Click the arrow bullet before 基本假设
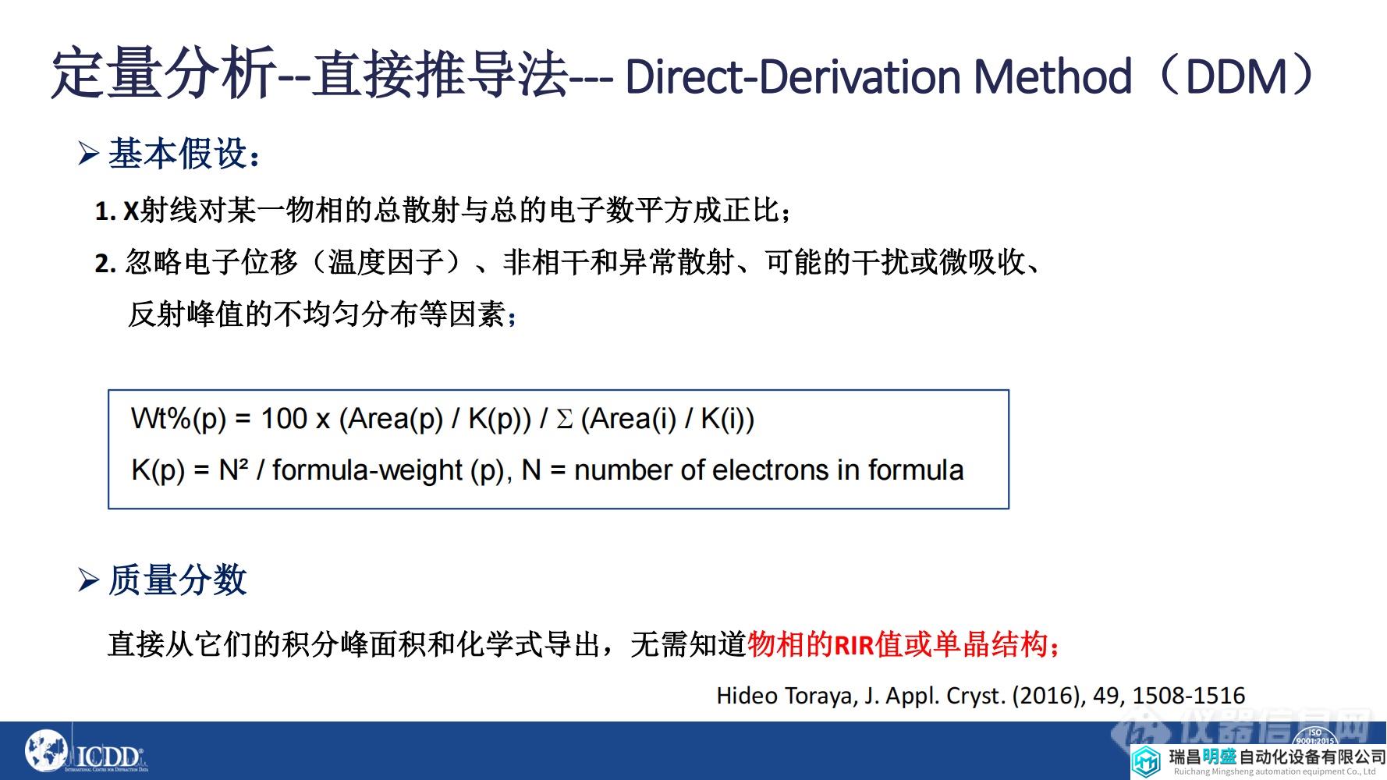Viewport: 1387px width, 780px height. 88,154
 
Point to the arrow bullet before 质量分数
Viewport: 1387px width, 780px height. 88,580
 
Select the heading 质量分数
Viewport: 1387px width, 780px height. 177,580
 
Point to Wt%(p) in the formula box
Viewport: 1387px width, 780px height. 178,420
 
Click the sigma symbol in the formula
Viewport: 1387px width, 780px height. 564,420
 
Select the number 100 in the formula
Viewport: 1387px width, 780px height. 284,419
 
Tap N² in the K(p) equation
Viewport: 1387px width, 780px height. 233,470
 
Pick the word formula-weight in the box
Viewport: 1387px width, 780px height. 367,470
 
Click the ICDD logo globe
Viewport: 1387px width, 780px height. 46,752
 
